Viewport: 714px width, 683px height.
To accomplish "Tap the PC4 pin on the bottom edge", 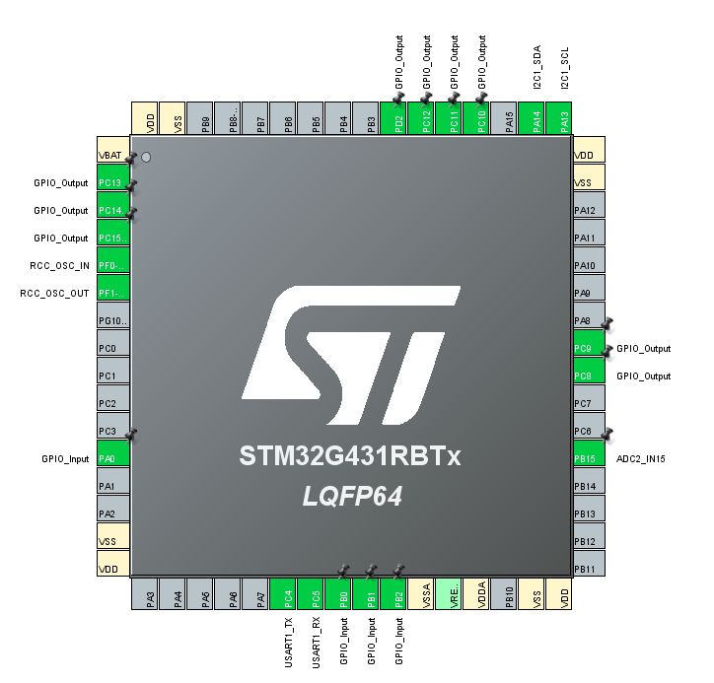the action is (x=283, y=595).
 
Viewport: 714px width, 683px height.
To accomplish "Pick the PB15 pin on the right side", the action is (x=589, y=458).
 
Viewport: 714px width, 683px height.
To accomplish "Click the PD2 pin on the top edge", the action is (x=393, y=118).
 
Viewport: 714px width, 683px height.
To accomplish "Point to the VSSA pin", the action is (x=421, y=595).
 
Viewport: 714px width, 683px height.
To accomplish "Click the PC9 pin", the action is (x=589, y=349).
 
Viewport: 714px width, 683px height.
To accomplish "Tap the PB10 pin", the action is (x=504, y=595).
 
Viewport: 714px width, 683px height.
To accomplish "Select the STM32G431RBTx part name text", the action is (x=350, y=457).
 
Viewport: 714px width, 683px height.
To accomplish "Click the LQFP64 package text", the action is (x=352, y=497).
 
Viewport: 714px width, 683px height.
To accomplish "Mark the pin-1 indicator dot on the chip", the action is (x=146, y=157).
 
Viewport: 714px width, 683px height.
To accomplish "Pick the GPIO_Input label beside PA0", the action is (x=65, y=459).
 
